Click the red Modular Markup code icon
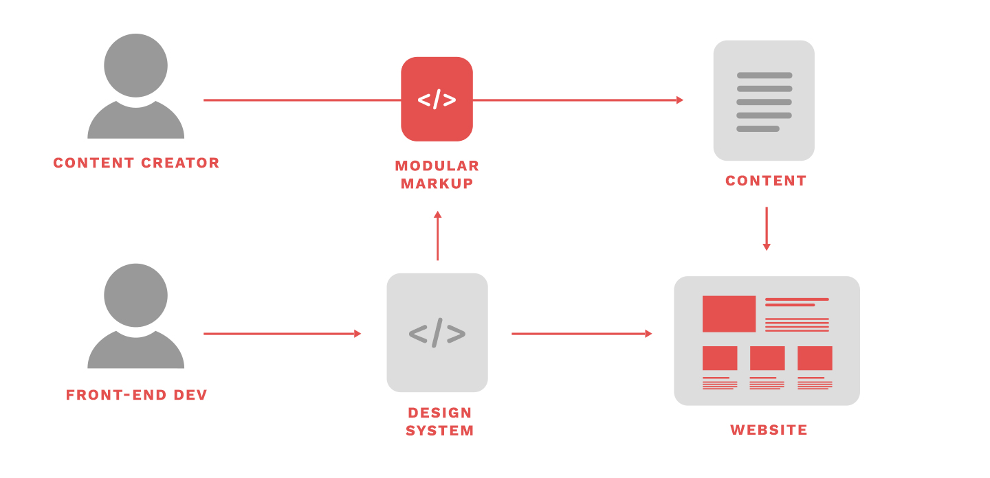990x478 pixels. click(x=437, y=99)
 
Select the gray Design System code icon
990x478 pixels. click(x=437, y=332)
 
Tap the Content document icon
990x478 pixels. click(x=764, y=101)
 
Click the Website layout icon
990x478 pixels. click(x=767, y=341)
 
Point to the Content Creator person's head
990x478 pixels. click(x=135, y=65)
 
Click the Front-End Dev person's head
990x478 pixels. click(x=135, y=295)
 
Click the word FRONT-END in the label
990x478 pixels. click(x=115, y=395)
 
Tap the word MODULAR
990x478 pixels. click(x=437, y=166)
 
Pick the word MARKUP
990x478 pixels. click(x=437, y=183)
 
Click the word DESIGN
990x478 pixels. click(x=440, y=413)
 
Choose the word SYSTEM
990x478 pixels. click(x=440, y=431)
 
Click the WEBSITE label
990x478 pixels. click(x=769, y=430)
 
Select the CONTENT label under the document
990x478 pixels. click(x=766, y=181)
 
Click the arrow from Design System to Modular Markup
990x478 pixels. click(x=437, y=236)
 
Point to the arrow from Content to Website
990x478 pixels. click(x=767, y=229)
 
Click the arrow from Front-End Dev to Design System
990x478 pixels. click(x=283, y=334)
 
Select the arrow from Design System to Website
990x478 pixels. click(x=582, y=334)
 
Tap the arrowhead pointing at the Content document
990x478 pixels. click(x=680, y=100)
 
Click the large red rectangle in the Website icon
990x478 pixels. click(x=729, y=314)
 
